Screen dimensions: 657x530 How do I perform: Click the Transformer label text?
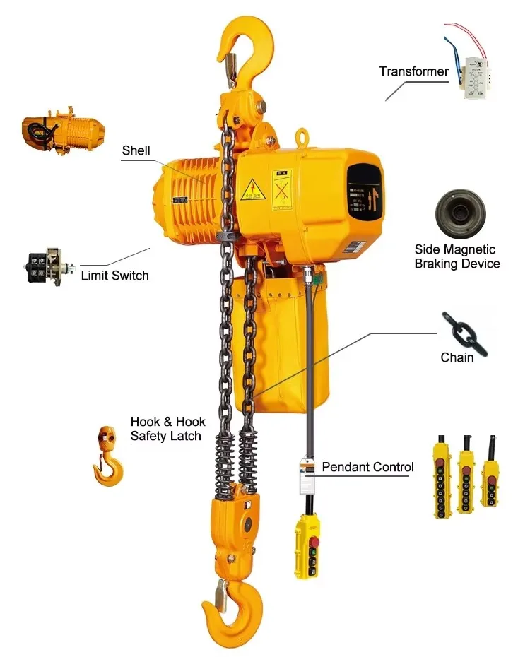pyautogui.click(x=413, y=71)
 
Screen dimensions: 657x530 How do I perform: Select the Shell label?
pyautogui.click(x=136, y=150)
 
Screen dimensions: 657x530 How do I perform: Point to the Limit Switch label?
pyautogui.click(x=114, y=276)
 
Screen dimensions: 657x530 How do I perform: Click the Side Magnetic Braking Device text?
pyautogui.click(x=457, y=256)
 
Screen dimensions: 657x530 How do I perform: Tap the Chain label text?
pyautogui.click(x=457, y=357)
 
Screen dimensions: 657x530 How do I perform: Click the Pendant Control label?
pyautogui.click(x=367, y=467)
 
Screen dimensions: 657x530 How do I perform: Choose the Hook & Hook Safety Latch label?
pyautogui.click(x=167, y=429)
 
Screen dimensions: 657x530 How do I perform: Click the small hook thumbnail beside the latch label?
pyautogui.click(x=108, y=456)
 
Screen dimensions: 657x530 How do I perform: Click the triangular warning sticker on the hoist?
pyautogui.click(x=251, y=187)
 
